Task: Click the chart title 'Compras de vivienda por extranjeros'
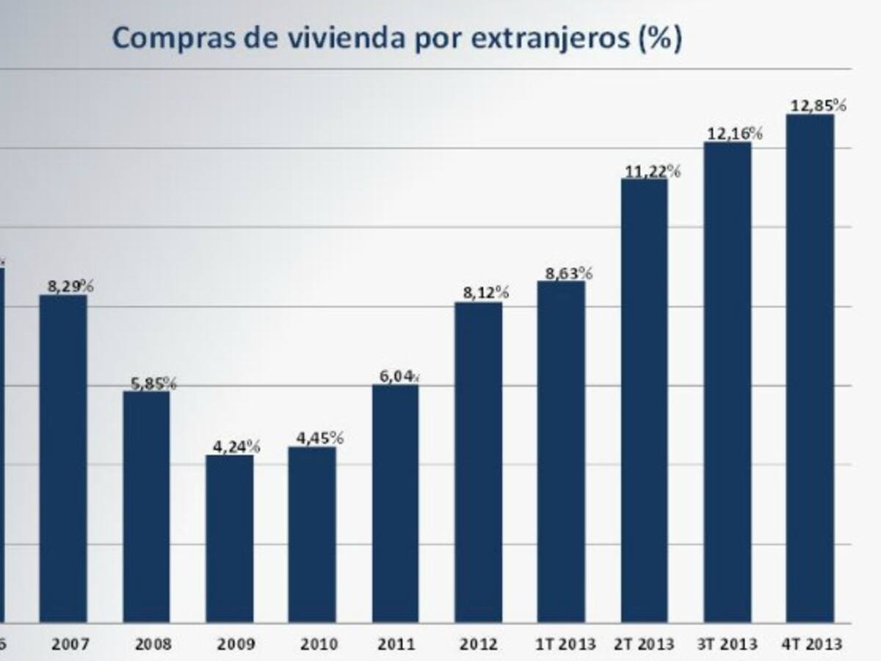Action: (x=396, y=38)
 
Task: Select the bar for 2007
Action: (x=63, y=458)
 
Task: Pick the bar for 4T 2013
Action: (x=810, y=368)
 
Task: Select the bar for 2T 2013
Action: (x=644, y=400)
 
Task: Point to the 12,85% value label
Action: (x=818, y=105)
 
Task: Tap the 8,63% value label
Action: (x=568, y=273)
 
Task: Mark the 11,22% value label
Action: (x=653, y=172)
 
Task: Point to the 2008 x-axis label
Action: (x=153, y=645)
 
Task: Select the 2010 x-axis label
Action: (x=319, y=645)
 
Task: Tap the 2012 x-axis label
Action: (x=478, y=645)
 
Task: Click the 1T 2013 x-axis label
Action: (x=561, y=645)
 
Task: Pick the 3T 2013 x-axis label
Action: (x=727, y=645)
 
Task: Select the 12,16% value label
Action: (x=734, y=134)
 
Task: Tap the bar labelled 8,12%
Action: (x=478, y=462)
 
